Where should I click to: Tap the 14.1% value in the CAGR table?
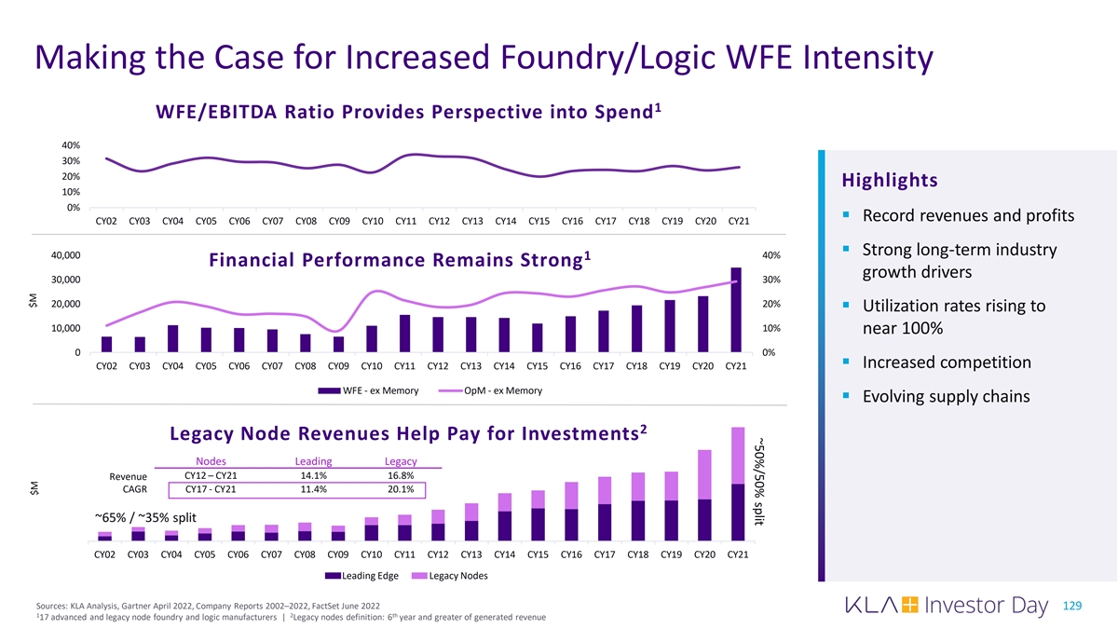(313, 475)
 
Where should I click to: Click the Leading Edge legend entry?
(364, 575)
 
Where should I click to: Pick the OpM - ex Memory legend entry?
(493, 390)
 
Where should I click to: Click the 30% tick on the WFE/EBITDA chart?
(71, 161)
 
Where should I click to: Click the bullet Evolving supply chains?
(946, 397)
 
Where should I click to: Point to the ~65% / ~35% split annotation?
(144, 517)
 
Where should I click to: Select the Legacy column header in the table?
(401, 461)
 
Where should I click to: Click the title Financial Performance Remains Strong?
(377, 262)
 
